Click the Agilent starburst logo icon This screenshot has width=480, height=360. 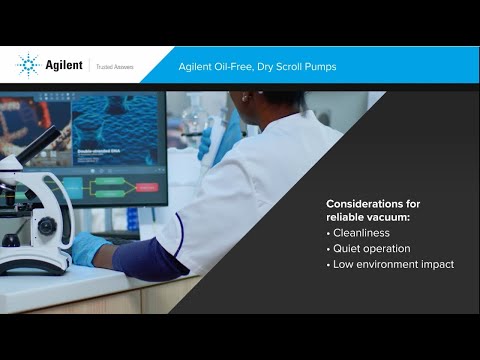point(28,65)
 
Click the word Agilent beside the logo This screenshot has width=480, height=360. point(63,66)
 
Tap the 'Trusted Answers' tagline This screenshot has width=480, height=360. point(114,67)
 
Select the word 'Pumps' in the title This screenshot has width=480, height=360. point(319,67)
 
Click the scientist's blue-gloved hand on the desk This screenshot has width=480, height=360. point(90,248)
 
